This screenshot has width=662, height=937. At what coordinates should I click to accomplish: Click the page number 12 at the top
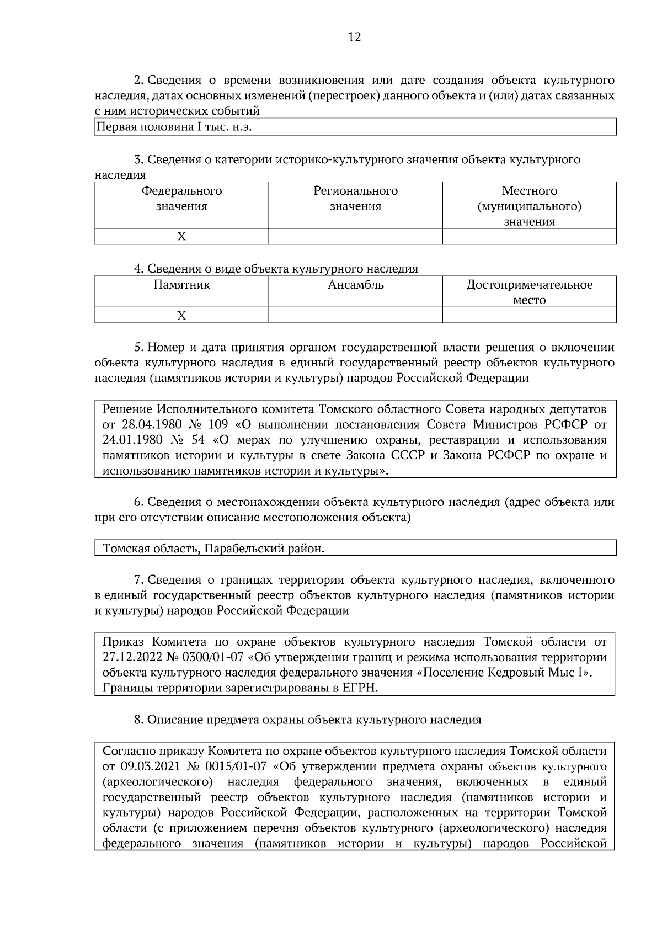point(355,38)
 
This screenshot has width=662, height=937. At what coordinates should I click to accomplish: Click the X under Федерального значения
point(181,237)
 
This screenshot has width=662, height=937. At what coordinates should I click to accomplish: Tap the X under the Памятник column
point(181,316)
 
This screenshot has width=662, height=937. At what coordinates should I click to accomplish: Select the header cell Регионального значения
point(355,199)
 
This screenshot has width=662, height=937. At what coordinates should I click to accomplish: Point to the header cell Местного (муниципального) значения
point(529,206)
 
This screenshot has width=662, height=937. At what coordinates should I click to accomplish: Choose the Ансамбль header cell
point(355,285)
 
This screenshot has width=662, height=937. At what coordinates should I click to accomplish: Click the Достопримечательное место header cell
point(529,292)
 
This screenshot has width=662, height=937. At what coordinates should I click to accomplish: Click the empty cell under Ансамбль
point(355,316)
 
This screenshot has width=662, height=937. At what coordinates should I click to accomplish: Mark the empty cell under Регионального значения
point(355,237)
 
